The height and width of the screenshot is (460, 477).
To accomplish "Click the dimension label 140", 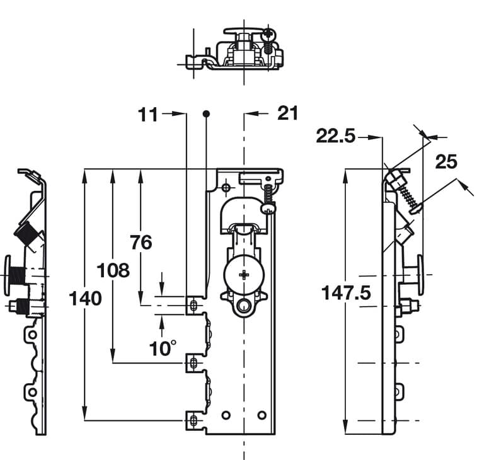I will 86,298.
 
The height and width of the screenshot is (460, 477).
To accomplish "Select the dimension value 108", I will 113,270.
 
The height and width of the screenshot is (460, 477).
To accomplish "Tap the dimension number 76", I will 141,241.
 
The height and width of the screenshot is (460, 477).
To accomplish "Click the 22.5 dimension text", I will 336,136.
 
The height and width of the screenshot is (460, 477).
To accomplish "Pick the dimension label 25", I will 445,162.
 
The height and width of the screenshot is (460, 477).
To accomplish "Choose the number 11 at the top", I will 148,114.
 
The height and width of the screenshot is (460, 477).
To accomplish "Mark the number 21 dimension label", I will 287,113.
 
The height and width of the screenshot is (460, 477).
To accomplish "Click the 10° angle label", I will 163,348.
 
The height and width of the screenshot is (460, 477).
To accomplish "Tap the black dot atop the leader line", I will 206,113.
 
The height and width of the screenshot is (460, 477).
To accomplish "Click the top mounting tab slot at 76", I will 193,306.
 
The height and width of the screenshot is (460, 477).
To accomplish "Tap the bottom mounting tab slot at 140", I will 193,420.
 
